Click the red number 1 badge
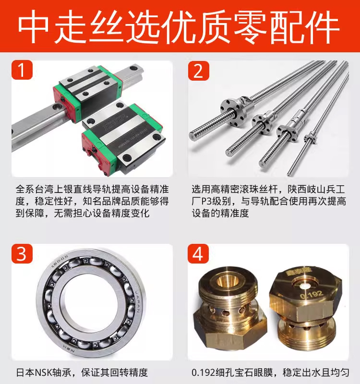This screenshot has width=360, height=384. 22,70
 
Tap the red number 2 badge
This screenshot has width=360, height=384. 199,71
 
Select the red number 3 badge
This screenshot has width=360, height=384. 22,253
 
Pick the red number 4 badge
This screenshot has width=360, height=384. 198,253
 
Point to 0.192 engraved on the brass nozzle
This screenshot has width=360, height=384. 312,295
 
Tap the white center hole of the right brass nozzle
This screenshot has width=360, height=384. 305,286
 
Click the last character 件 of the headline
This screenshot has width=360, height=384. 324,26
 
